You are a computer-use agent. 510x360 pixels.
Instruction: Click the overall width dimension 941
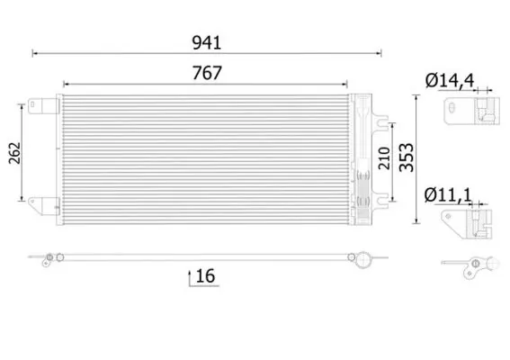207,42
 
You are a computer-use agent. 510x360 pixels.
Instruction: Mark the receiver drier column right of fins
362,157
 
